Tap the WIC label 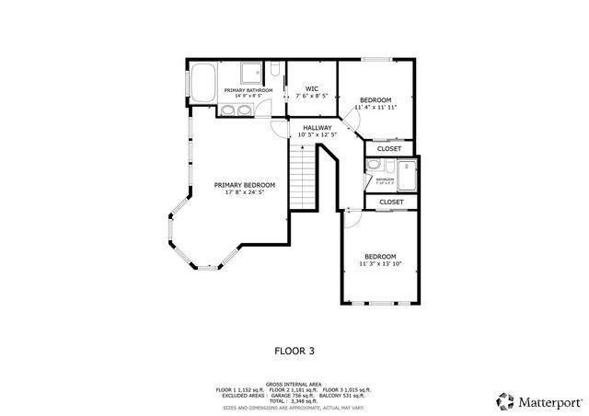point(311,88)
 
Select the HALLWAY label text point(317,128)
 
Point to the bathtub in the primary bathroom point(203,81)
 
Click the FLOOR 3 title point(294,351)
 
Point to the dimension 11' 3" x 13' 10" point(380,264)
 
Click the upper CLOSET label point(389,147)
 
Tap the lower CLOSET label point(390,202)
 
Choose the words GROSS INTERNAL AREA point(294,383)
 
